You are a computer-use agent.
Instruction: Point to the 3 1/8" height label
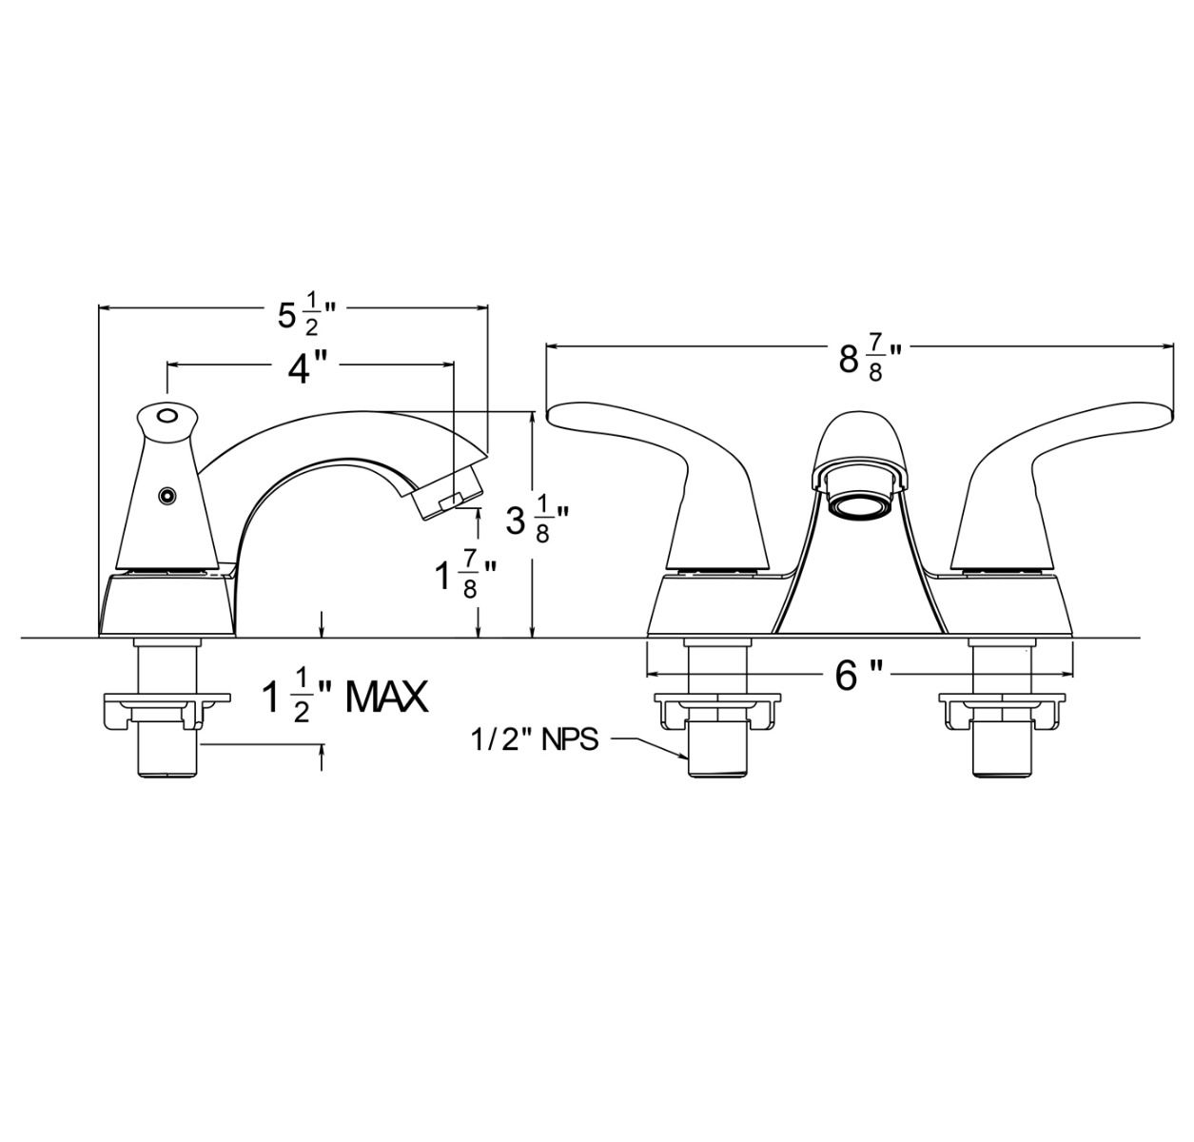[538, 521]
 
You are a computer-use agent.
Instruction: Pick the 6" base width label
[858, 676]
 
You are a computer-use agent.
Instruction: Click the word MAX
[386, 698]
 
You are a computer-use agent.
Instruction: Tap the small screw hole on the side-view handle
[168, 495]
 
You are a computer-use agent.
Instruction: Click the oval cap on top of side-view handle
[167, 416]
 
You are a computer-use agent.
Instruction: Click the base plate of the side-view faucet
[167, 604]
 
